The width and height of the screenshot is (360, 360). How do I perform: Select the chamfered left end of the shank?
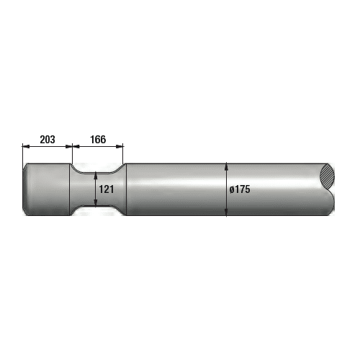coord(25,189)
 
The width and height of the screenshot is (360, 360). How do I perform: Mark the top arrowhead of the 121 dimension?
coord(97,174)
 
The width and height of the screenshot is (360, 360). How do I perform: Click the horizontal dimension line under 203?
coord(47,146)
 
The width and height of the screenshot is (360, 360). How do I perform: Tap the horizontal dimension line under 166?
coord(98,146)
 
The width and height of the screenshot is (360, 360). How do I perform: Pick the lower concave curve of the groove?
coord(97,210)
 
